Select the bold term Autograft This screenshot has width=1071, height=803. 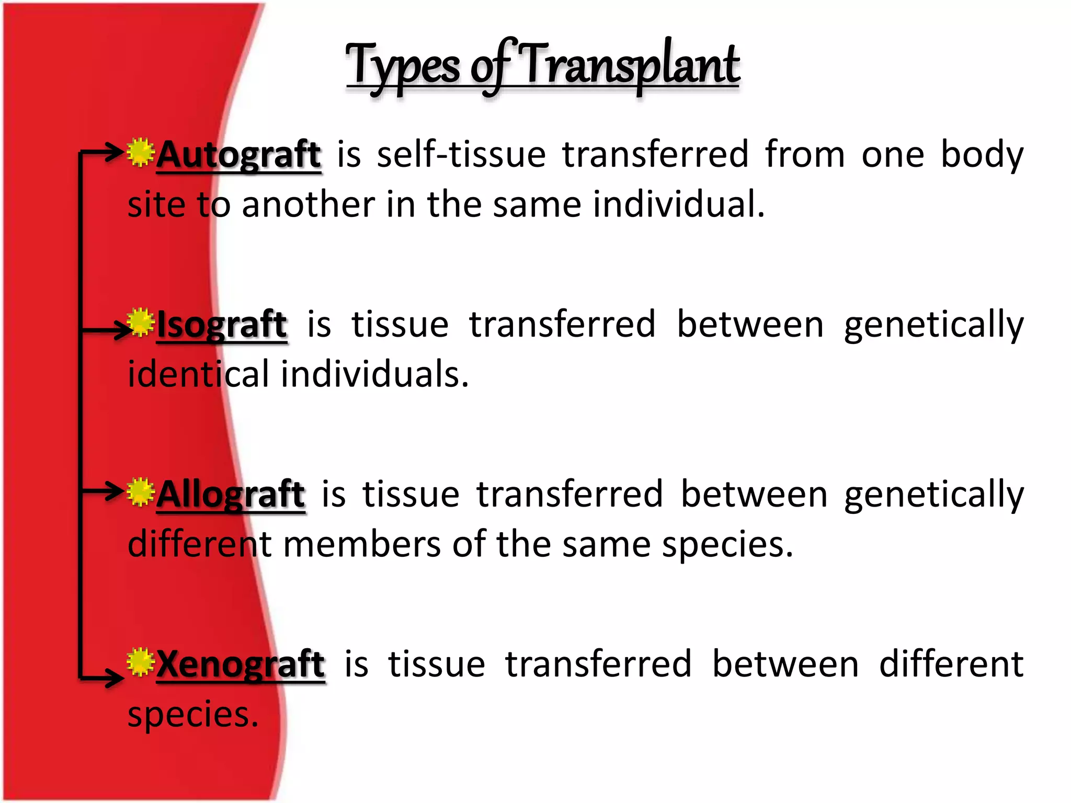238,155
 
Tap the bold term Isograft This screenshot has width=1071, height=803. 222,325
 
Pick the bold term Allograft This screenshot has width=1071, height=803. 231,495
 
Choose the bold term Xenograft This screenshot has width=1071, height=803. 241,664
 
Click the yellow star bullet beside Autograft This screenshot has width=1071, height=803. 140,153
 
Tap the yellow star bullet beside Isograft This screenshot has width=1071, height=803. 140,322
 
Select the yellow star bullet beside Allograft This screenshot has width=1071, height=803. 140,492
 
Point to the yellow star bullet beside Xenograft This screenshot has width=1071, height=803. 140,662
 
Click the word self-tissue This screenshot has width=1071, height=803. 461,155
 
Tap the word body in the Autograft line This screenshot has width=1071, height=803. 982,155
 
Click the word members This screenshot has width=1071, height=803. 361,544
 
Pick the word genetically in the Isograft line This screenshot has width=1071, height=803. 933,325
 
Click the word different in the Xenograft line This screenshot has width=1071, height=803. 951,664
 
